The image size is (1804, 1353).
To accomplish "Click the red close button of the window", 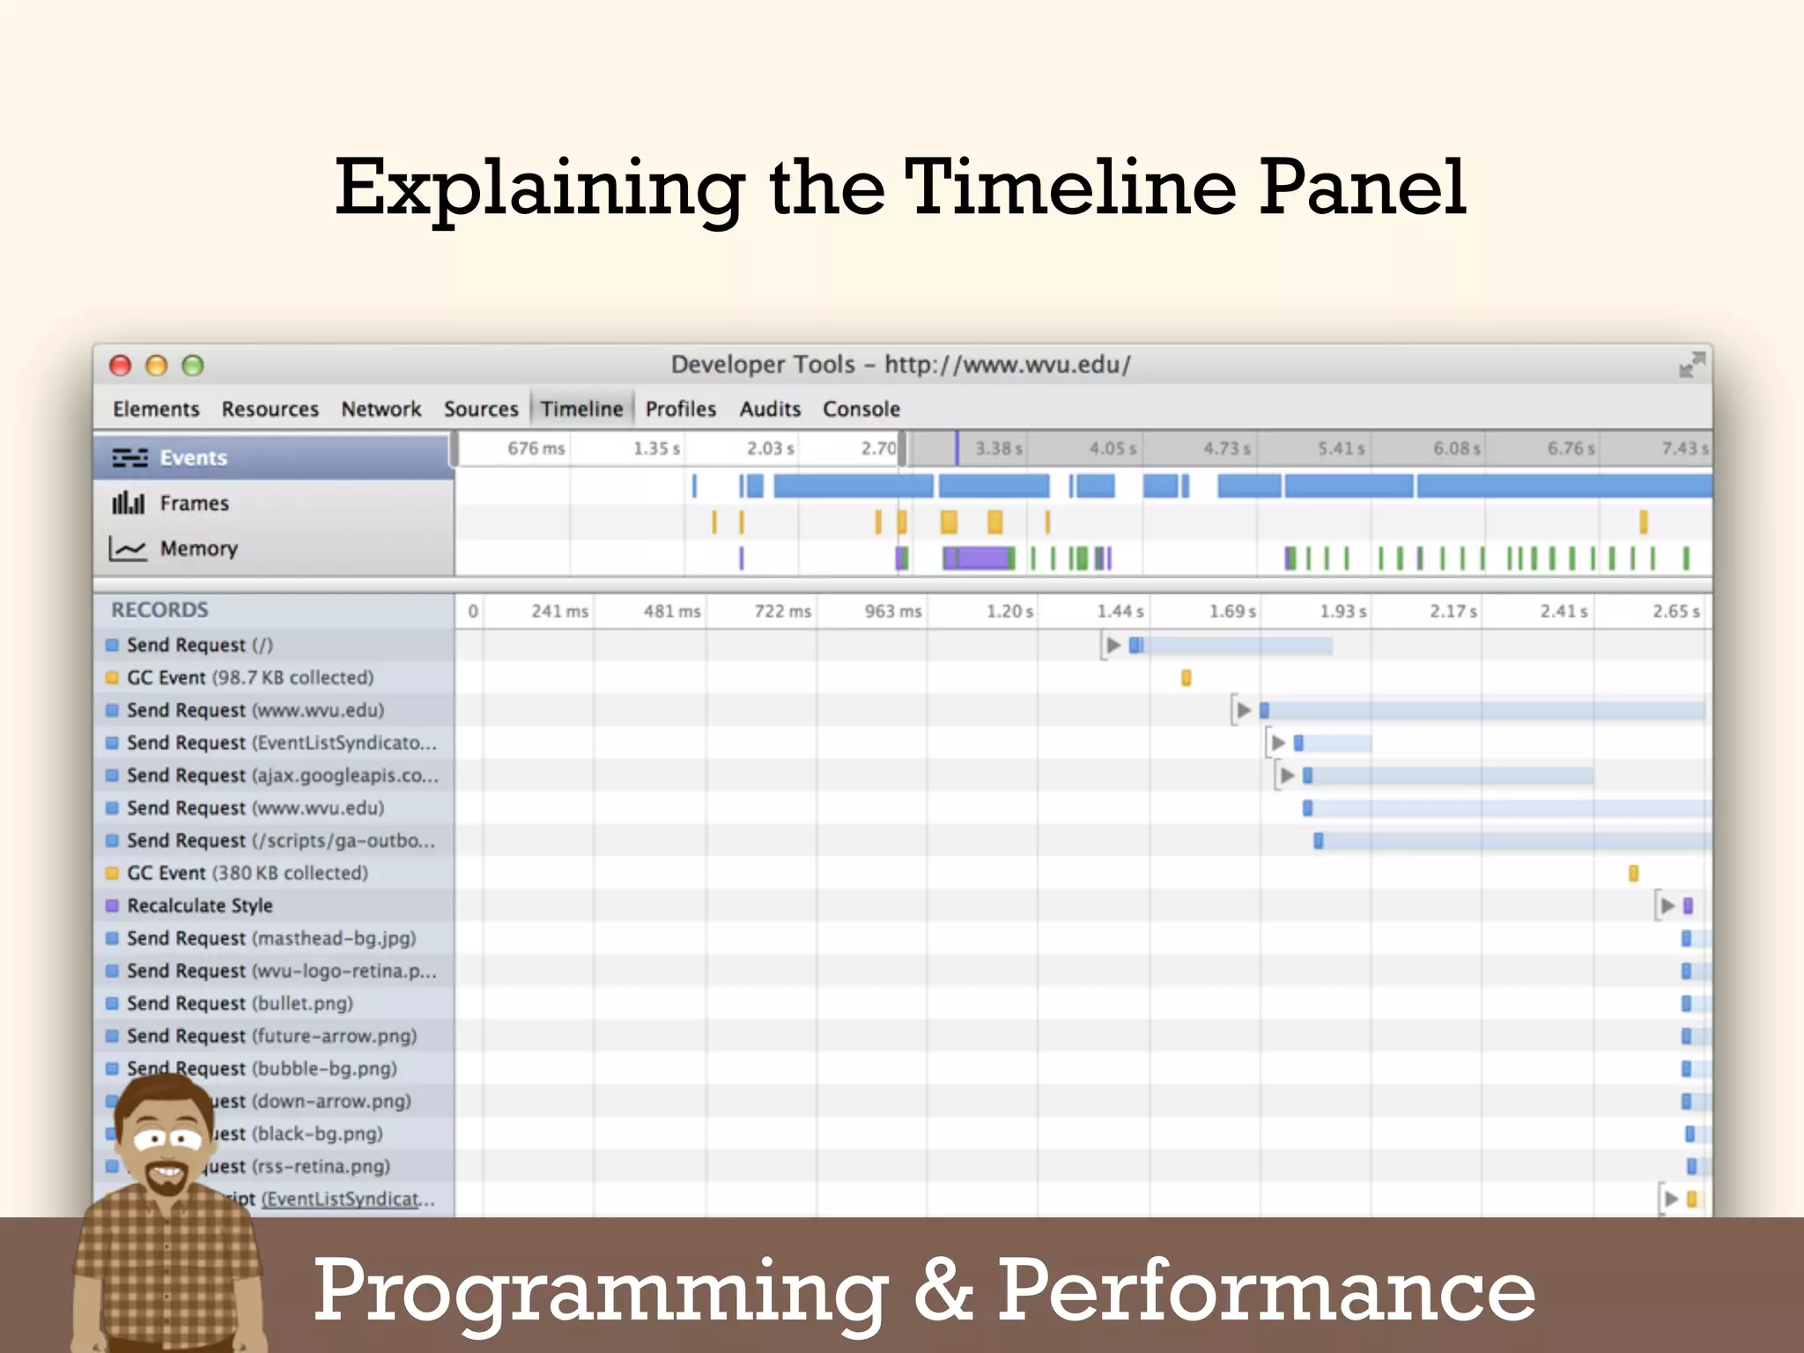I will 120,366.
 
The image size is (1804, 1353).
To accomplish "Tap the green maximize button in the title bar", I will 192,366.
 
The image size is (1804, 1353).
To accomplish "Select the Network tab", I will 381,410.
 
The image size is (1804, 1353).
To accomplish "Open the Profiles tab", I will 680,410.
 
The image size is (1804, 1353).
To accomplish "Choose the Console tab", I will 861,410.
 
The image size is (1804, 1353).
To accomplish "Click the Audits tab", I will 770,410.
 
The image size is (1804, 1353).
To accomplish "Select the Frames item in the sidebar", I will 194,503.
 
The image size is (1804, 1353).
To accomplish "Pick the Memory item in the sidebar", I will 198,549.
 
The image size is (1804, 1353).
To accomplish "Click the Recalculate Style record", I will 200,906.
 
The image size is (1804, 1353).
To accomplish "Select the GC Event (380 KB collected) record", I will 247,873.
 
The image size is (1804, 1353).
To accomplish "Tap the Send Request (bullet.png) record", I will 240,1003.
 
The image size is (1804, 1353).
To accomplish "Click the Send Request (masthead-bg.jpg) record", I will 271,938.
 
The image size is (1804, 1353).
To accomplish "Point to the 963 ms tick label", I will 892,611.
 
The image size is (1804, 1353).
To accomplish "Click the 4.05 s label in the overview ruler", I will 1113,449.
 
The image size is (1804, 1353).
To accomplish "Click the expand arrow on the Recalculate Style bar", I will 1667,906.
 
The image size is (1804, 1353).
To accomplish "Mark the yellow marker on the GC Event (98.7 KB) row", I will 1187,677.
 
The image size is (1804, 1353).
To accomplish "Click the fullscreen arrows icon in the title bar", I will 1691,365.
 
